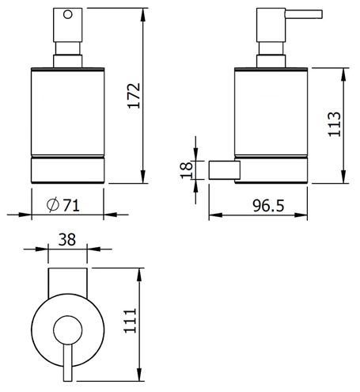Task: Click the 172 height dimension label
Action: click(x=134, y=95)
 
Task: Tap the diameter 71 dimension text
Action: click(x=63, y=204)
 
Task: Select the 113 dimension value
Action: click(x=334, y=124)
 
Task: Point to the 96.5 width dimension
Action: click(x=268, y=206)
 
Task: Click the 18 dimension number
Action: click(x=187, y=170)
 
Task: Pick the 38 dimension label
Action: click(x=67, y=239)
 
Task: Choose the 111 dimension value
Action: click(x=131, y=321)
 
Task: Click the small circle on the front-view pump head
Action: click(x=68, y=14)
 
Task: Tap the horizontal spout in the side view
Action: click(x=304, y=14)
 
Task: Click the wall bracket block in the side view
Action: click(x=225, y=169)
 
